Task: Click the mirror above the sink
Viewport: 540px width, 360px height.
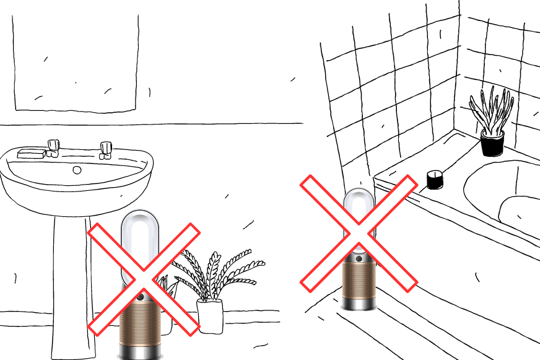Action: click(x=74, y=62)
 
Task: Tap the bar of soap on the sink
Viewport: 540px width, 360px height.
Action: click(x=31, y=152)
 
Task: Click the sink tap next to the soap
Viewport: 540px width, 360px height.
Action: click(x=53, y=147)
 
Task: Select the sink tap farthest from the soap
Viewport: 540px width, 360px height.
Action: click(x=107, y=149)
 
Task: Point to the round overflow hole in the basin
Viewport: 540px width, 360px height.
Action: click(x=77, y=169)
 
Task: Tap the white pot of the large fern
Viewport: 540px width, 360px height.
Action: click(x=209, y=315)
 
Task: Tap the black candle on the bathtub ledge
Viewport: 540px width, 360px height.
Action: click(x=435, y=180)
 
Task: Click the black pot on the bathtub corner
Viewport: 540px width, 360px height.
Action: click(x=492, y=143)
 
